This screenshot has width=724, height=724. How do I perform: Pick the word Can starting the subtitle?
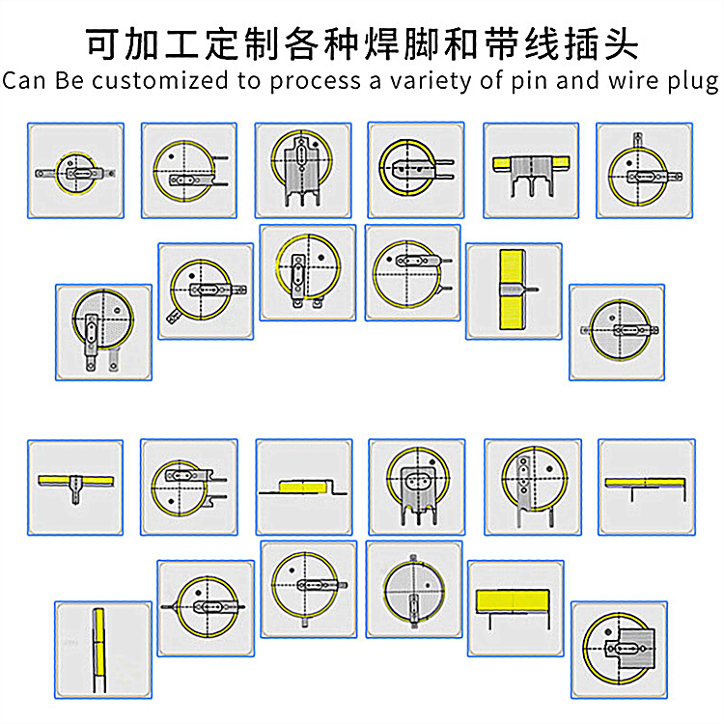click(x=21, y=80)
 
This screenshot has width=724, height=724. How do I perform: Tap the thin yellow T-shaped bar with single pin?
click(x=73, y=480)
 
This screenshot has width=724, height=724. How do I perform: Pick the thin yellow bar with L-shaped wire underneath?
click(x=645, y=482)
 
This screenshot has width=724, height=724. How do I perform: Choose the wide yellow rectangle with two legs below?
click(x=515, y=604)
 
